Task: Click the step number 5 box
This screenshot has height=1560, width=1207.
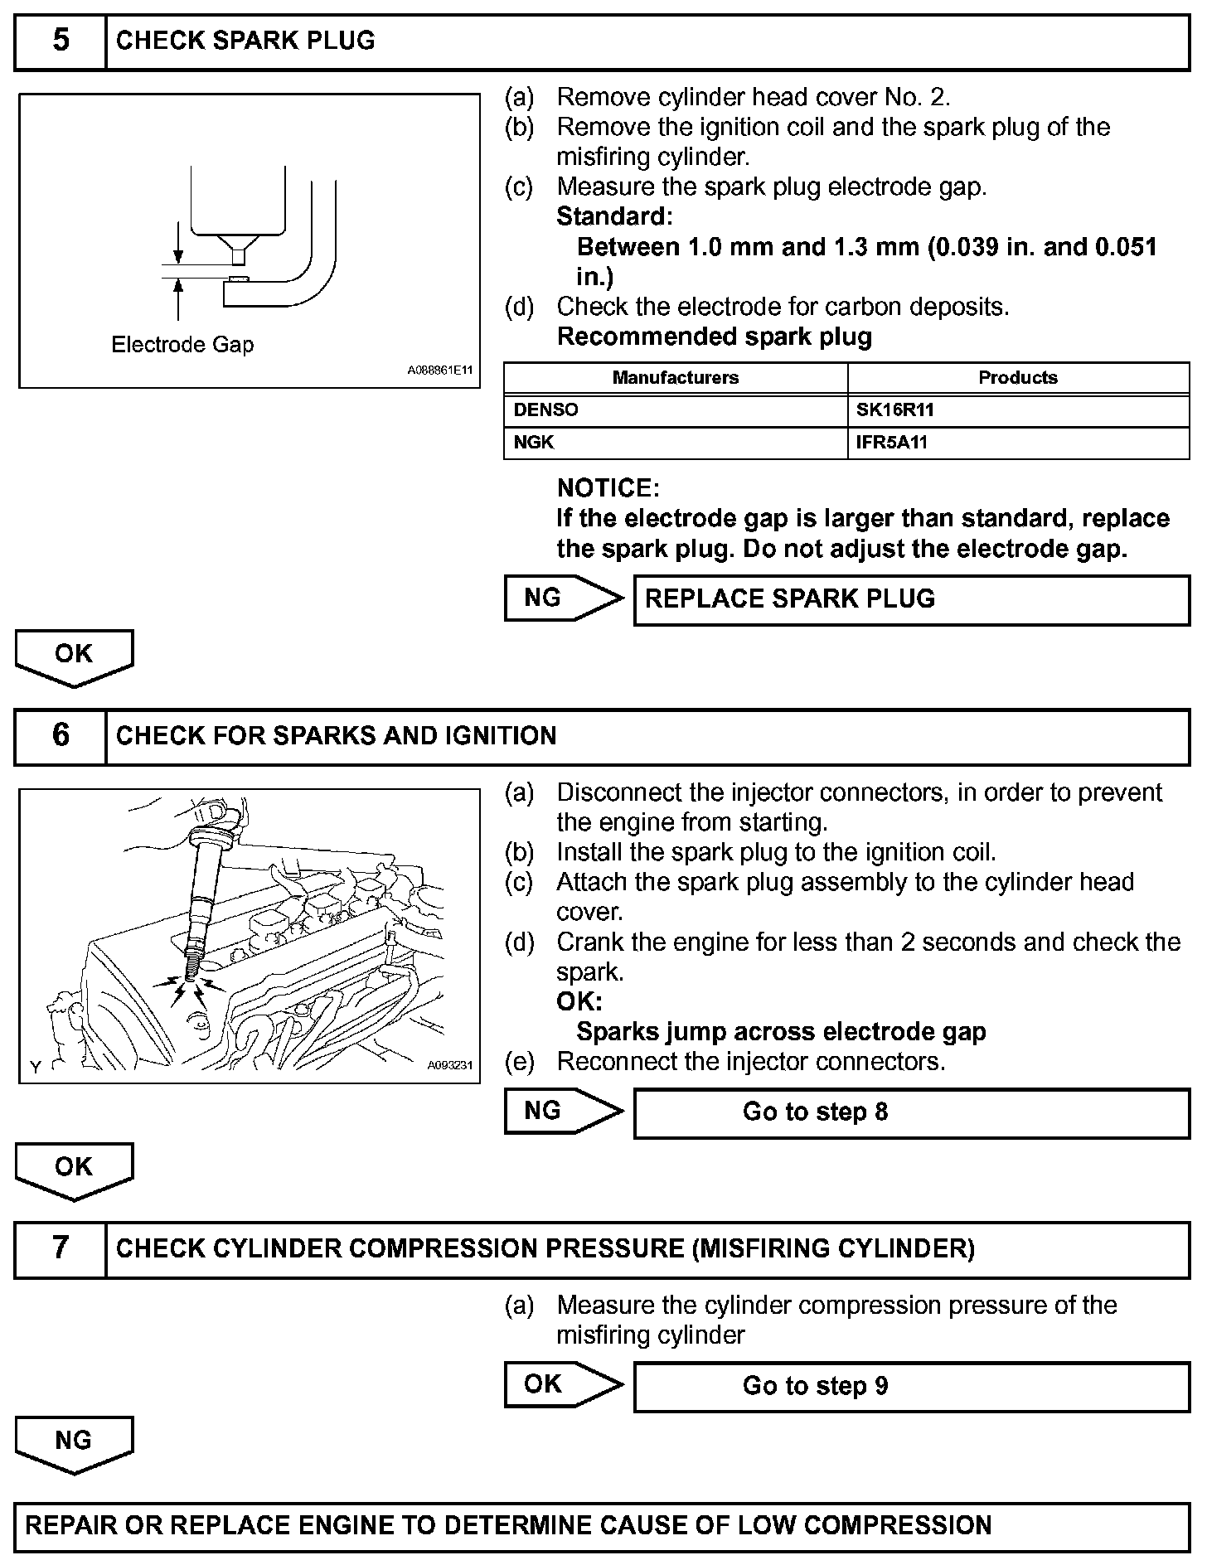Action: point(61,41)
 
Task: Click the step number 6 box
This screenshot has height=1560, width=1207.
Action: point(61,736)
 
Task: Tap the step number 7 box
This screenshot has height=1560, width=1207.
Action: point(61,1248)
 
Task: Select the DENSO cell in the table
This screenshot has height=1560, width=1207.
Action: point(675,410)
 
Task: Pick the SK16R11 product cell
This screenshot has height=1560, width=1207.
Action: point(1018,410)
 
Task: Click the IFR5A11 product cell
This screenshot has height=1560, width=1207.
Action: point(1018,443)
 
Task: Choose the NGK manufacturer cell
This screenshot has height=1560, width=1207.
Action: point(675,443)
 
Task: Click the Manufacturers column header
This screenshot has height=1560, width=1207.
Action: point(675,378)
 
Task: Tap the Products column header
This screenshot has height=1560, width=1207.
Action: point(1018,378)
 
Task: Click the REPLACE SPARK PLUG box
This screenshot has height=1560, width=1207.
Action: point(911,599)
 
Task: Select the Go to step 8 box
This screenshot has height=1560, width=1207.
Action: point(911,1112)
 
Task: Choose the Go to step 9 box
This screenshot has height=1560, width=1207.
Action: point(911,1386)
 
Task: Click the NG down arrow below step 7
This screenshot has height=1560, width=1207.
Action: point(74,1443)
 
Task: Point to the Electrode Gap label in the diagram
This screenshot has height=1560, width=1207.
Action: point(182,345)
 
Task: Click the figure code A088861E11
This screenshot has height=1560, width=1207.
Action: point(439,371)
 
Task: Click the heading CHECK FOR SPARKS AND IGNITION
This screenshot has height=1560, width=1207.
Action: point(336,736)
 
